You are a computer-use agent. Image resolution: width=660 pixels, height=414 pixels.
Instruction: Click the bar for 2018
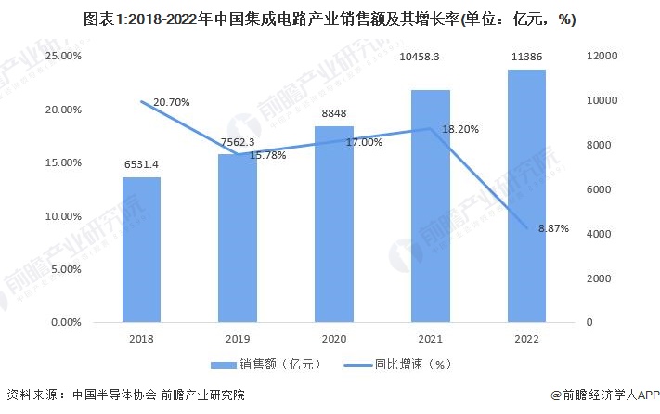[141, 250]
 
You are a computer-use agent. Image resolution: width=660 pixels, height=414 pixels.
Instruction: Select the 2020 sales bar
[334, 225]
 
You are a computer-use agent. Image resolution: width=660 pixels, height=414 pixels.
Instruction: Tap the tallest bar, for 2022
[526, 196]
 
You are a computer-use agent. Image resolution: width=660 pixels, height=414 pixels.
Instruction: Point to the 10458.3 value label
[420, 57]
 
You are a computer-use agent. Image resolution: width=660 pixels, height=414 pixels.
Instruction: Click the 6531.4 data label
[141, 164]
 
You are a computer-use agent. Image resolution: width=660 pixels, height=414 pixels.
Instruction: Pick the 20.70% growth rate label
[172, 102]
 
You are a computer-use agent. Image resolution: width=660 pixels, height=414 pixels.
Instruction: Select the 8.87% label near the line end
[553, 228]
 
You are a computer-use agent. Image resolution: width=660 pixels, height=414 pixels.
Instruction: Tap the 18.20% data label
[460, 129]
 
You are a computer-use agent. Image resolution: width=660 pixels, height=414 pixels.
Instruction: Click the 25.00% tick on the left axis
[63, 56]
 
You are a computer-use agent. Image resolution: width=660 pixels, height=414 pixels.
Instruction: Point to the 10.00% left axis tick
[63, 216]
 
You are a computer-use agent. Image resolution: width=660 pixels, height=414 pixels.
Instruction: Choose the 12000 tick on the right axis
[602, 56]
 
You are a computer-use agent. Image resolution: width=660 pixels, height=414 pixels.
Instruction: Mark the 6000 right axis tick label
[599, 189]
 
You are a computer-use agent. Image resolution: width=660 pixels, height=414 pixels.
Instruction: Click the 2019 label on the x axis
[238, 339]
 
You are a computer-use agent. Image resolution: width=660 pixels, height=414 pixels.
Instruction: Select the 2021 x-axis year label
[430, 339]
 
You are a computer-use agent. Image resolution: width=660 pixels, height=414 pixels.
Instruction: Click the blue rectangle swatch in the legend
[224, 365]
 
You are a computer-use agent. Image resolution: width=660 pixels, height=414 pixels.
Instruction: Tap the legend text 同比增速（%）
[413, 364]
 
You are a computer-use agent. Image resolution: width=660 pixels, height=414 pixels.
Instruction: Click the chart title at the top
[330, 19]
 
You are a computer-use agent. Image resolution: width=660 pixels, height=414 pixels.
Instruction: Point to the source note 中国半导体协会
[114, 395]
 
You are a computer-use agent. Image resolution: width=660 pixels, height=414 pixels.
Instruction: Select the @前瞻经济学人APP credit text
[605, 395]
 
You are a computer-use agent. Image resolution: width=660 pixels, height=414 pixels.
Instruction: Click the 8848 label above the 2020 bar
[334, 113]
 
